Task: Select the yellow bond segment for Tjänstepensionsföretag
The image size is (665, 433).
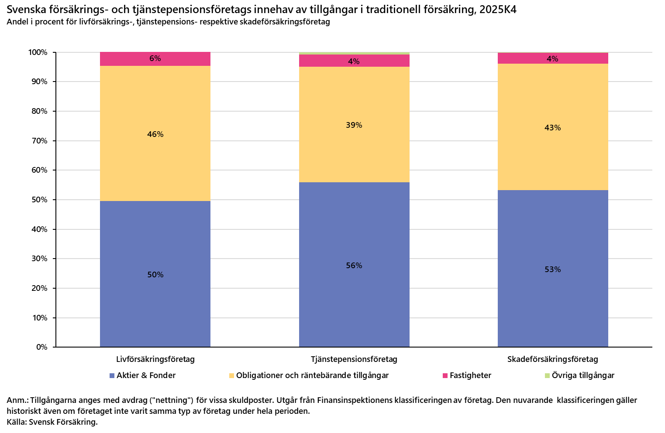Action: coord(354,148)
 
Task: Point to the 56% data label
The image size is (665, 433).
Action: coord(354,266)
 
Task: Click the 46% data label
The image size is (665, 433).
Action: coord(155,134)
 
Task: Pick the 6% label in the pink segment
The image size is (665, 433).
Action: coord(155,58)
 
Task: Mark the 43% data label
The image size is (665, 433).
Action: coord(552,128)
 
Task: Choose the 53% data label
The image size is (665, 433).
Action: coord(552,269)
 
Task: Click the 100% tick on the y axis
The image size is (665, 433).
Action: coord(38,53)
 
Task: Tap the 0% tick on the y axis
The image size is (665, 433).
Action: coord(41,347)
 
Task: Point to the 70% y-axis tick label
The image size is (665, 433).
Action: coord(39,141)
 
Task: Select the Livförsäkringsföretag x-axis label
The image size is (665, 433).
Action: coord(155,359)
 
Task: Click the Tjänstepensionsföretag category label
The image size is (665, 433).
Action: coord(354,359)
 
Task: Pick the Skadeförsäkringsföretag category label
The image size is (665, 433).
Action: coord(552,359)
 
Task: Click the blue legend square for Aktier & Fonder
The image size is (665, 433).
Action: coord(112,375)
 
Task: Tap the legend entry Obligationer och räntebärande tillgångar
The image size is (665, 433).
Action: coord(312,375)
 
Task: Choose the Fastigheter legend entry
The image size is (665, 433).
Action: coord(470,375)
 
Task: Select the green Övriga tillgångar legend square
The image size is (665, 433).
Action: coord(548,375)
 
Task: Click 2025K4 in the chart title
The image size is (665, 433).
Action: coord(498,10)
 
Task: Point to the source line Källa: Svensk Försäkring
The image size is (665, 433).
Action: coord(52,422)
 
